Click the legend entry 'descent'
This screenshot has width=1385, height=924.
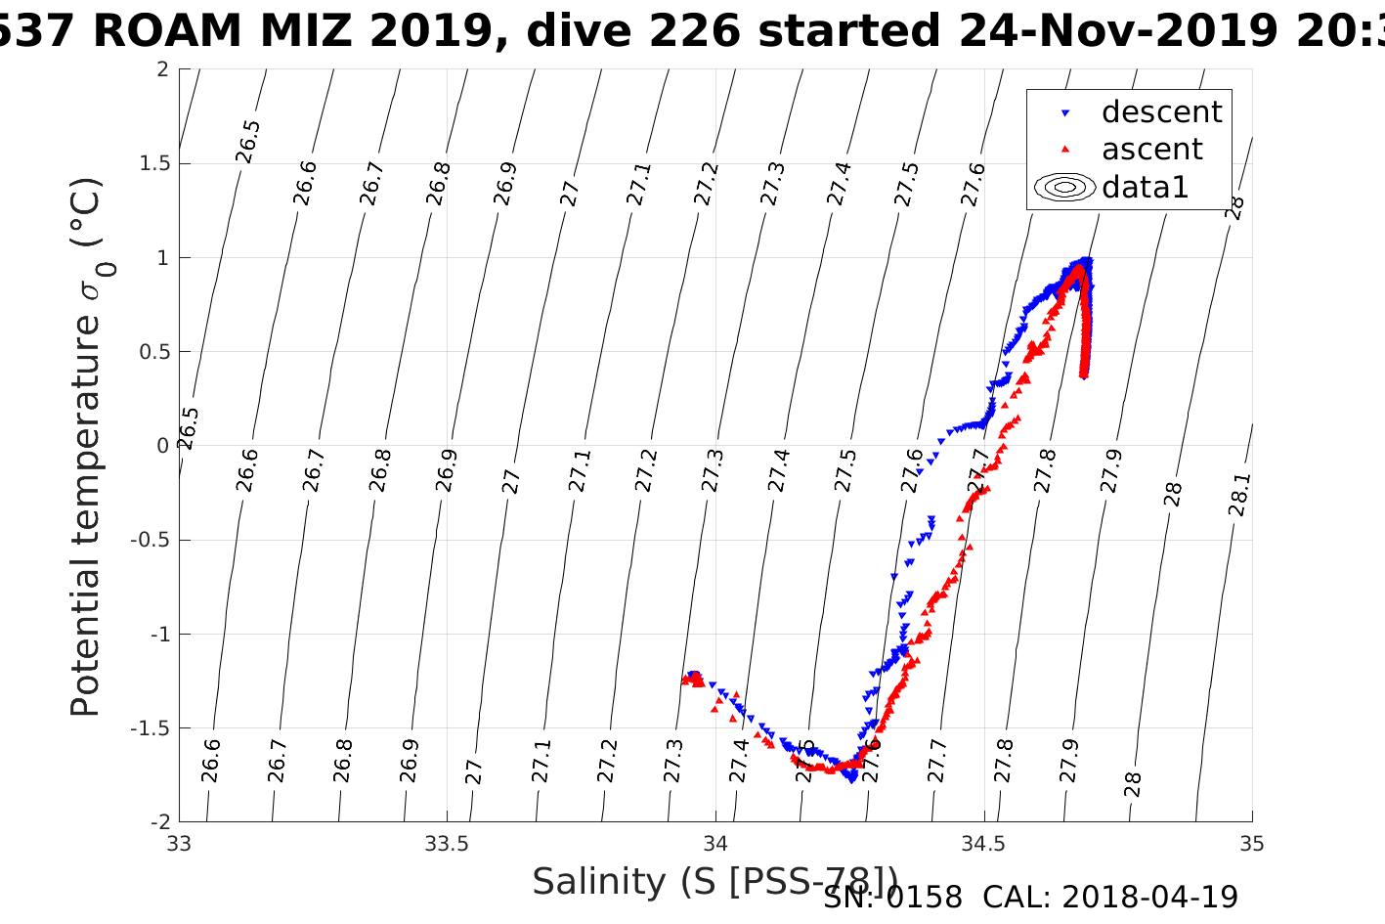pyautogui.click(x=1161, y=112)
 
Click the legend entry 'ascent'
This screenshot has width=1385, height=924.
pyautogui.click(x=1151, y=150)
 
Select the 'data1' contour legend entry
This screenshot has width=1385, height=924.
pyautogui.click(x=1145, y=187)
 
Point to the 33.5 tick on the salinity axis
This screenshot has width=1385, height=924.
pyautogui.click(x=448, y=844)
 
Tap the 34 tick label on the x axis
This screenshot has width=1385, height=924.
pyautogui.click(x=715, y=844)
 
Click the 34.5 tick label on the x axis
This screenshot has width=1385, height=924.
pyautogui.click(x=983, y=844)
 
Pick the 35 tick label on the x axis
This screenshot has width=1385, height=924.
pyautogui.click(x=1252, y=844)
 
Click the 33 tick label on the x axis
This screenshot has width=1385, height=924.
pyautogui.click(x=179, y=844)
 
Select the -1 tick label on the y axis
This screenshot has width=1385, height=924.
pyautogui.click(x=158, y=634)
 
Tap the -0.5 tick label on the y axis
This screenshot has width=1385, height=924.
pyautogui.click(x=150, y=540)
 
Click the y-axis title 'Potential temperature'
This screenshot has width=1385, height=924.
pyautogui.click(x=86, y=447)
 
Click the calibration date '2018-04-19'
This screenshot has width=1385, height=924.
pyautogui.click(x=1149, y=897)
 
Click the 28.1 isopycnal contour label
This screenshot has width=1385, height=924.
pyautogui.click(x=1239, y=495)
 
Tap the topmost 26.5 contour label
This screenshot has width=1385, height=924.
pyautogui.click(x=248, y=142)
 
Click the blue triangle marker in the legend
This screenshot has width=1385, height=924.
pyautogui.click(x=1065, y=113)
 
